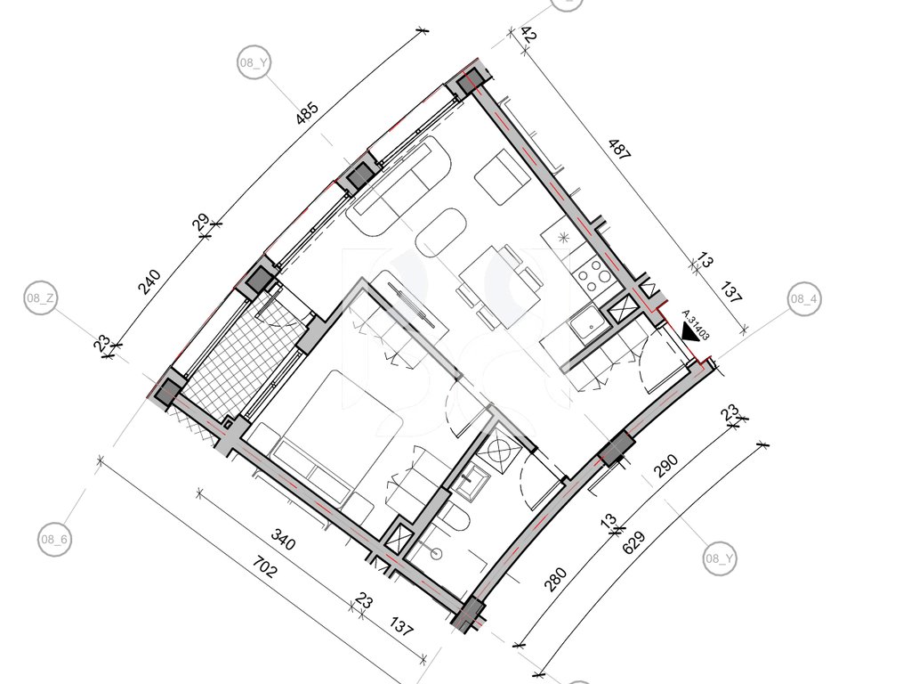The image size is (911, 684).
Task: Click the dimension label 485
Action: tap(307, 114)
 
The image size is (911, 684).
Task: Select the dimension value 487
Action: tap(619, 150)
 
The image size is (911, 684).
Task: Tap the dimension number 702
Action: tap(266, 566)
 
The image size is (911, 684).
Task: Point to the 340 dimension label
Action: tap(284, 540)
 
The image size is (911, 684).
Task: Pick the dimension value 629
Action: tap(633, 543)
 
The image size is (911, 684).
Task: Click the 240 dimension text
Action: tap(149, 282)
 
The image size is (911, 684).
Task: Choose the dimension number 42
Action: tap(528, 35)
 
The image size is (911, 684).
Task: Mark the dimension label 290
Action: tap(666, 466)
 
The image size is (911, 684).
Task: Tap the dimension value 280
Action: tap(555, 580)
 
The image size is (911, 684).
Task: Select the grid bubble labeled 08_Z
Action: tap(40, 298)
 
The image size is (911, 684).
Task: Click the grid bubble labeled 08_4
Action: tap(804, 299)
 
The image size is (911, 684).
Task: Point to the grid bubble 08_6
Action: tap(54, 539)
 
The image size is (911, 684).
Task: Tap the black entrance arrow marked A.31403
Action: tap(691, 332)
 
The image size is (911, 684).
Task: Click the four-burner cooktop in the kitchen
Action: tap(592, 274)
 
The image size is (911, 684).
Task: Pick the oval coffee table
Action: tap(440, 233)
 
